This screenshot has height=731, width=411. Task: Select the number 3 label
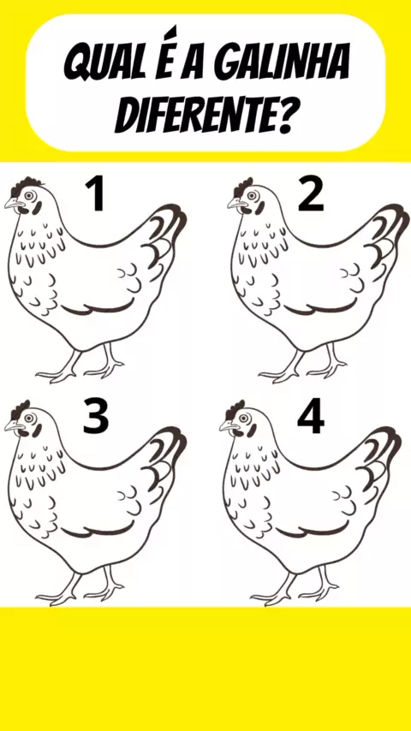point(96,415)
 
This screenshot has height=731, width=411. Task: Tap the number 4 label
point(311,415)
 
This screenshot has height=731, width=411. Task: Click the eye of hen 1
point(30,196)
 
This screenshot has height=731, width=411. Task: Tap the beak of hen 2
point(236,203)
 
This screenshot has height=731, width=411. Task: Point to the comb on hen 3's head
point(21,409)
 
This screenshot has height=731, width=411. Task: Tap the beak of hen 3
point(13,425)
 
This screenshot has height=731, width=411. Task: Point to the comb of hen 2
point(243,187)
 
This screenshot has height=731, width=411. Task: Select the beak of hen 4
point(228,425)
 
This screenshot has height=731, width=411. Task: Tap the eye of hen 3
point(30,419)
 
